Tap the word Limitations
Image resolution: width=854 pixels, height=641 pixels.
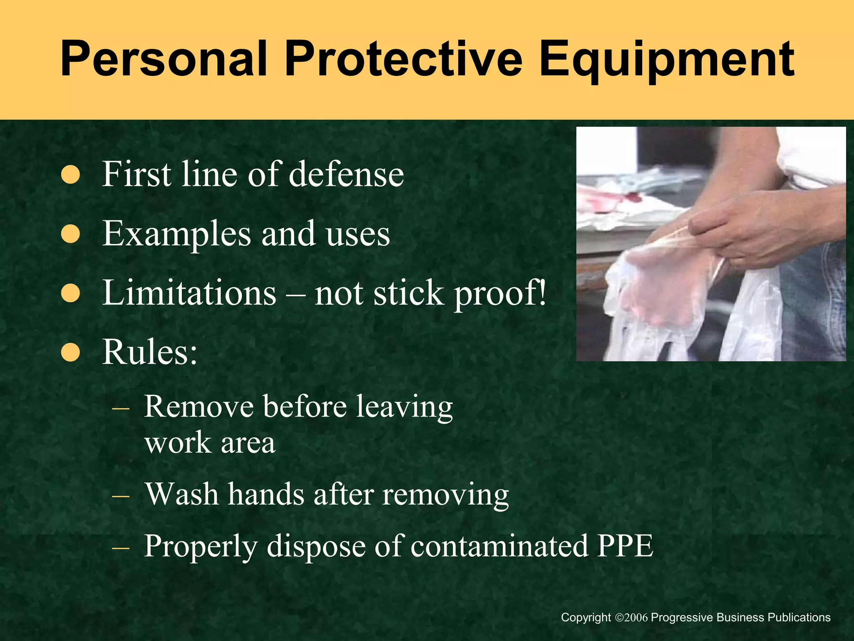[189, 293]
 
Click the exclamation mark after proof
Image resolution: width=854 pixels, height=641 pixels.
[542, 292]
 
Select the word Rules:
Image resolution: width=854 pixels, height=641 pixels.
[150, 352]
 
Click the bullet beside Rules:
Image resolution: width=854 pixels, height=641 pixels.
[70, 352]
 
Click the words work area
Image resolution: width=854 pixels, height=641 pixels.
[210, 443]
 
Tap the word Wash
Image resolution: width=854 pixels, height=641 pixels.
[181, 494]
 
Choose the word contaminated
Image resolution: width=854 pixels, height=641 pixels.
[499, 546]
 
